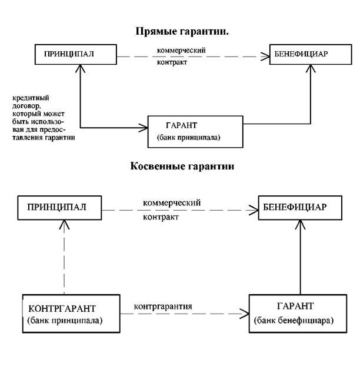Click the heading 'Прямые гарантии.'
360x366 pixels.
click(x=182, y=32)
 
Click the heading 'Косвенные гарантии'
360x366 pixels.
click(x=182, y=166)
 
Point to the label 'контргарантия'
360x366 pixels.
click(x=163, y=306)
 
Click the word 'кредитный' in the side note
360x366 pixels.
click(x=31, y=98)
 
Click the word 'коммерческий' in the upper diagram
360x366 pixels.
click(x=181, y=50)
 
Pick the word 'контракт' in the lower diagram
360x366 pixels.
click(x=161, y=217)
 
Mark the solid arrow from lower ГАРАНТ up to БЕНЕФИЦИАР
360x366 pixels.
click(x=300, y=257)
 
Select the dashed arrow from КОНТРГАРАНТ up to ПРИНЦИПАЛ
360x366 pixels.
click(x=64, y=257)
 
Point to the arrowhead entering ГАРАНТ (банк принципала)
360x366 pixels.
click(x=144, y=128)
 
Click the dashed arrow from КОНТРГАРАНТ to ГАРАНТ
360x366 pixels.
click(x=185, y=314)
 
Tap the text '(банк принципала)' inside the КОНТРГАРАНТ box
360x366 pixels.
click(x=65, y=321)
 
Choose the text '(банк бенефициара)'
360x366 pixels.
click(x=294, y=321)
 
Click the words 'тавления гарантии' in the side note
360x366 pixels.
click(x=44, y=138)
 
